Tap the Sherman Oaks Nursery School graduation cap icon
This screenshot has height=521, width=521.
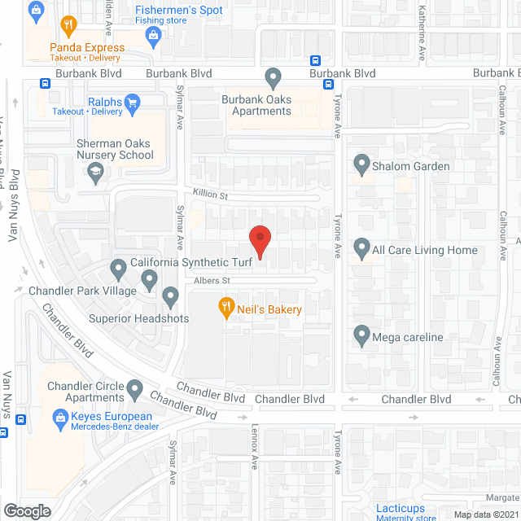[x=96, y=171]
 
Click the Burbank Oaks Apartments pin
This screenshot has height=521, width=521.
[x=274, y=78]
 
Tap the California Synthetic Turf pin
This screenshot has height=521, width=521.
[x=118, y=266]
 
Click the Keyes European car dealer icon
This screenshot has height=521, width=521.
[x=59, y=417]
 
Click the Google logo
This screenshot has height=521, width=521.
[x=26, y=510]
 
